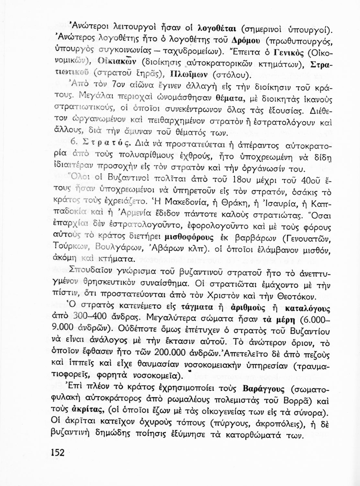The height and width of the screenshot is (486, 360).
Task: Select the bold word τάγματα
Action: coord(197,307)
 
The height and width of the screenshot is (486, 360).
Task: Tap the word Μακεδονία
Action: coord(189,203)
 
